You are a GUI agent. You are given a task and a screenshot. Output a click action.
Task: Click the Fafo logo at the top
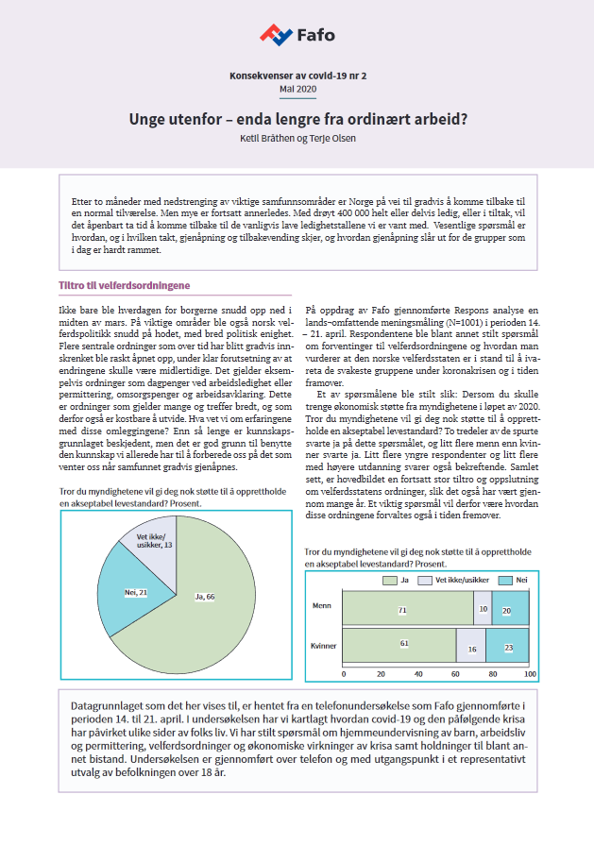[x=297, y=35]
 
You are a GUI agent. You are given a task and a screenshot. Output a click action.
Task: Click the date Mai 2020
[x=297, y=89]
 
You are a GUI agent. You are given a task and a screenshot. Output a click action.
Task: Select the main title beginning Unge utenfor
[x=297, y=120]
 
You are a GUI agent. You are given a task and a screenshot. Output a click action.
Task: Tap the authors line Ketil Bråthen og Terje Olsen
[x=297, y=139]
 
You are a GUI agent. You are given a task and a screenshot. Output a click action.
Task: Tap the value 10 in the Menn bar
[x=483, y=611]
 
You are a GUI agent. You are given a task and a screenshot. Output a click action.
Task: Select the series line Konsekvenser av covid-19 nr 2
[x=297, y=74]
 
